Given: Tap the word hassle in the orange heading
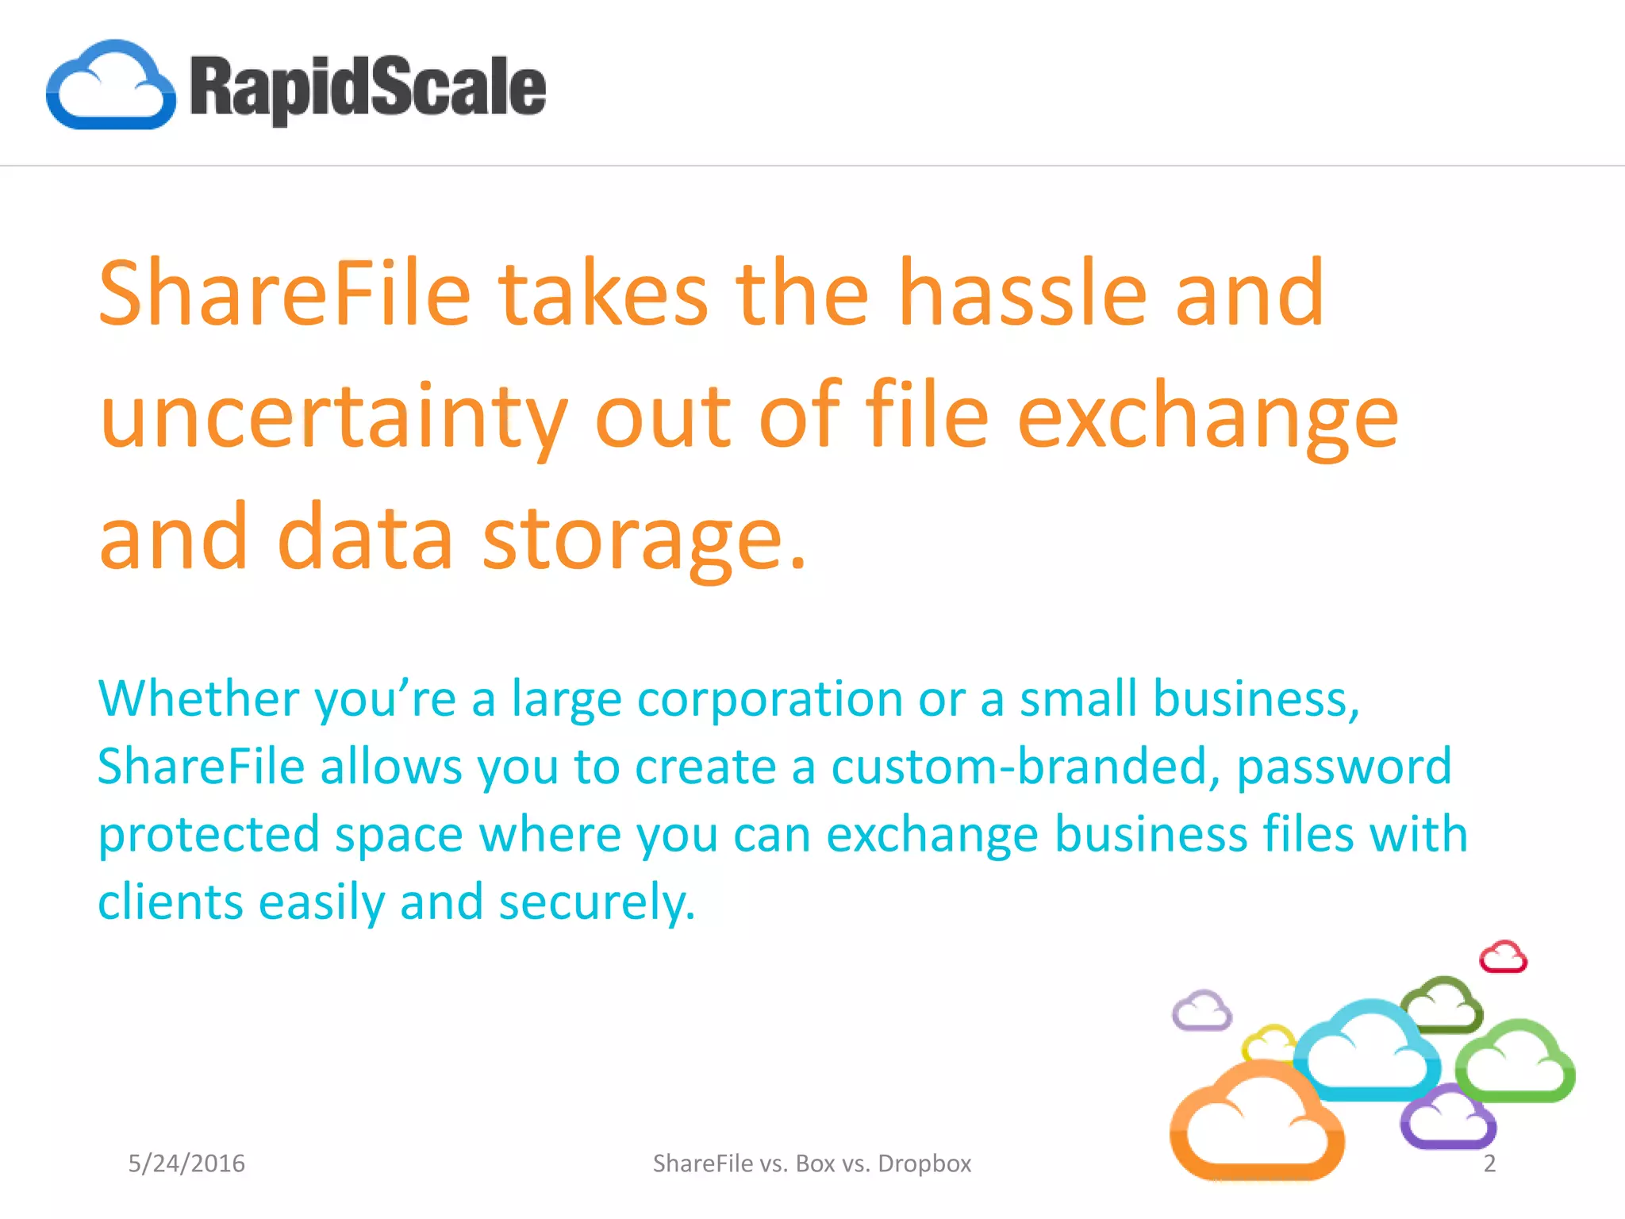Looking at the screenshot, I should tap(1023, 294).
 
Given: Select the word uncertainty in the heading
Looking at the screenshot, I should tap(334, 417).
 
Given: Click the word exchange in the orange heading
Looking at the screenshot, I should tap(1207, 417).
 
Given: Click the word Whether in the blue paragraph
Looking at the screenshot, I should tap(198, 699).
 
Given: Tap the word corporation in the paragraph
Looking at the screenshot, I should tap(770, 699).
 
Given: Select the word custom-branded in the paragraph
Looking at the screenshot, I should tap(1019, 767).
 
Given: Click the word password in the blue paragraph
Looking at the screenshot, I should tap(1344, 767).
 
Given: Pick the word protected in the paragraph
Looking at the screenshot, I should tap(209, 835).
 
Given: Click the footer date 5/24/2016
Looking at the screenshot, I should tap(186, 1163).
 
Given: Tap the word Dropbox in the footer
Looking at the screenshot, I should tap(924, 1163).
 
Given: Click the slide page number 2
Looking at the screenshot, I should tap(1489, 1163).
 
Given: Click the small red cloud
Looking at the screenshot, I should tap(1503, 957).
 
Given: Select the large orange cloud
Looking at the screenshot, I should tap(1256, 1123).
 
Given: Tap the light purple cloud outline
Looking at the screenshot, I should tap(1202, 1011).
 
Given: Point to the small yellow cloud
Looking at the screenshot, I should tap(1270, 1041).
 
